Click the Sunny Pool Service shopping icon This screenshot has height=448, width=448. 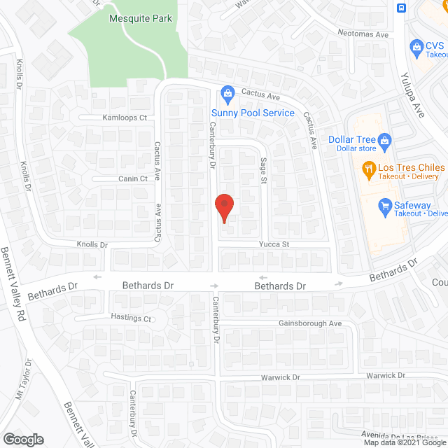click(x=227, y=92)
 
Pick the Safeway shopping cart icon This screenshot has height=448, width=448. click(x=384, y=206)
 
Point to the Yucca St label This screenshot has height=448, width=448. click(x=276, y=244)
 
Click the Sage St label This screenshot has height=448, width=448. click(x=264, y=171)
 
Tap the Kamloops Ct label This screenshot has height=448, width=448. click(x=125, y=118)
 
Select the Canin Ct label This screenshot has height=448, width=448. click(x=132, y=178)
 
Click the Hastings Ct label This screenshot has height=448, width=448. click(x=132, y=318)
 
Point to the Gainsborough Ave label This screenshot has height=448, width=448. click(x=309, y=323)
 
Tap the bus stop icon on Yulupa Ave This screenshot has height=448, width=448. click(x=401, y=8)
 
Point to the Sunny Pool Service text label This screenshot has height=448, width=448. click(x=253, y=113)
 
